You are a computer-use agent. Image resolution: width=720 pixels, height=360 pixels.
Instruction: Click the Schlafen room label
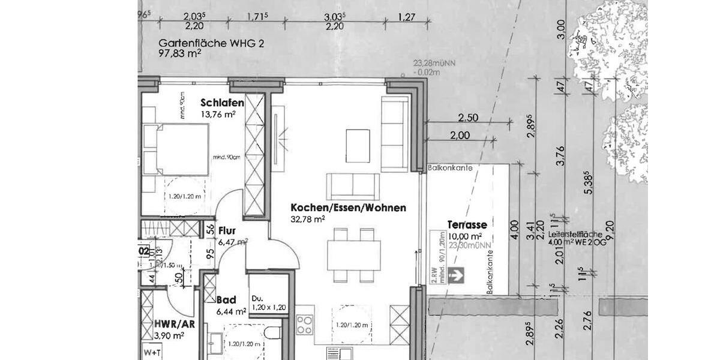(x=223, y=103)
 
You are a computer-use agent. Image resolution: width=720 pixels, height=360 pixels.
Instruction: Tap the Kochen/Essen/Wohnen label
(x=348, y=208)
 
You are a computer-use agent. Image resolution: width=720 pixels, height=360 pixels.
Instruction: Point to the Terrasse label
(x=467, y=225)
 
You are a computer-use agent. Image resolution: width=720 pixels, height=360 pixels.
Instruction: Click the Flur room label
(x=226, y=230)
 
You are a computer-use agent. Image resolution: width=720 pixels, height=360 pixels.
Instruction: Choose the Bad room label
(x=226, y=300)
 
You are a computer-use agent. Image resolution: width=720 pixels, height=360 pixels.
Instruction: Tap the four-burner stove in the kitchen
(x=305, y=325)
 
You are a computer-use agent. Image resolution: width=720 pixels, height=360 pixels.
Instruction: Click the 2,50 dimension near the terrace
(x=468, y=118)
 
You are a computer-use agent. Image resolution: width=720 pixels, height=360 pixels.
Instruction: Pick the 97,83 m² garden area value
(x=179, y=53)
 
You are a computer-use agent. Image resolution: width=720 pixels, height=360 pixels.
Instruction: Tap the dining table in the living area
(x=353, y=254)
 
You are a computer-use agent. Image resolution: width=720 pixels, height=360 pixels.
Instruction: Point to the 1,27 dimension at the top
(x=407, y=18)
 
